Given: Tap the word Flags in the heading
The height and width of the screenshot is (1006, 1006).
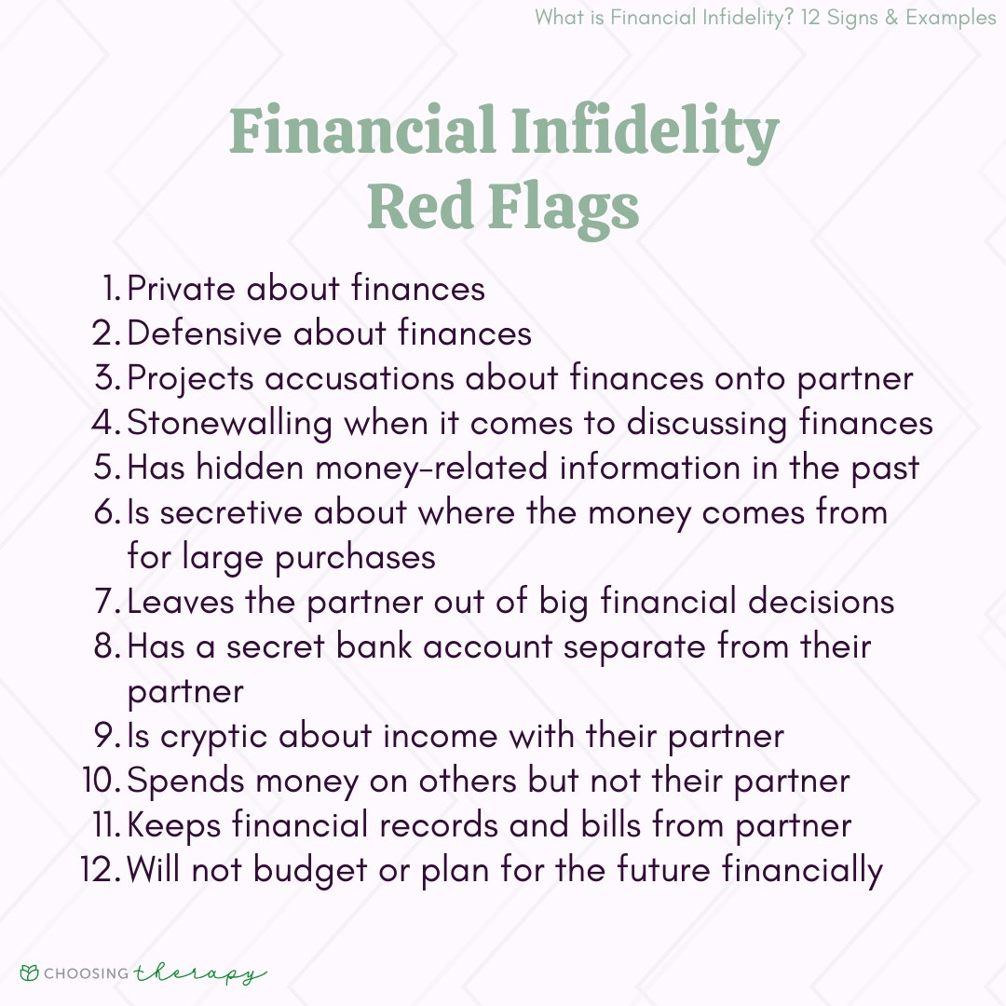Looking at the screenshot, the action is [564, 207].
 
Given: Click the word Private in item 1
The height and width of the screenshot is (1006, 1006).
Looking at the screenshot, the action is [181, 288].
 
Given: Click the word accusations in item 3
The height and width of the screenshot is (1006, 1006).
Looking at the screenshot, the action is [360, 378].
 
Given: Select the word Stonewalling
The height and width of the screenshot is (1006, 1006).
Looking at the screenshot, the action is [230, 424].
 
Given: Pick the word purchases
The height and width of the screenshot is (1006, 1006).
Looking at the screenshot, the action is [356, 558].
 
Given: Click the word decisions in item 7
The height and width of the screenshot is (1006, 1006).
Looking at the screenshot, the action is [822, 602].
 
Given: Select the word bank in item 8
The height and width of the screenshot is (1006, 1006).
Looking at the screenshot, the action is [374, 646].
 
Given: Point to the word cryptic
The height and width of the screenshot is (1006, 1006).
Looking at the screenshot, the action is [213, 737].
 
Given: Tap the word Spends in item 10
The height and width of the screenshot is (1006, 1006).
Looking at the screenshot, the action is [186, 782].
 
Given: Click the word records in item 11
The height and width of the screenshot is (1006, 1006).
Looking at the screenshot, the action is [438, 825].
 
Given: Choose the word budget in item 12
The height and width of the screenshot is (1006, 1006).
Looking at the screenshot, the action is [310, 871].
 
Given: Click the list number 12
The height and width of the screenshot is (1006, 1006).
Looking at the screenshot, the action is [101, 870].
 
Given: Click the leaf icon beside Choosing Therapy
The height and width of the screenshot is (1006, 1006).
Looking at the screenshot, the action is [29, 972].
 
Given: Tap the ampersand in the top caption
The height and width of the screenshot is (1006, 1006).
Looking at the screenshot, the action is [891, 18].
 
